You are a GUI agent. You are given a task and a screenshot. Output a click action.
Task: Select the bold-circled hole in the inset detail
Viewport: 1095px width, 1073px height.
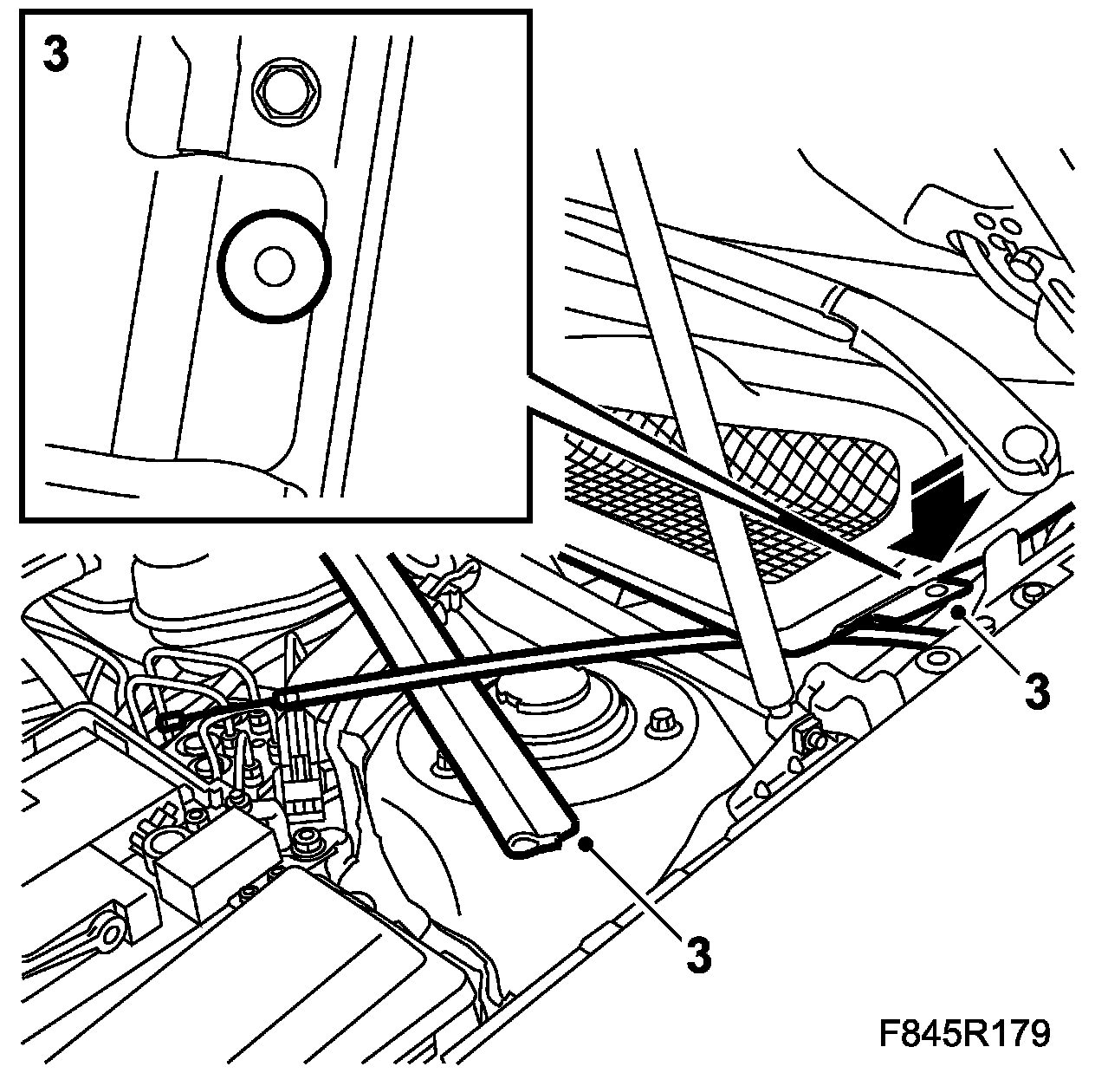click(275, 267)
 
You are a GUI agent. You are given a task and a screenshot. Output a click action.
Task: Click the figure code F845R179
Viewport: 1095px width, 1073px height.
click(964, 1033)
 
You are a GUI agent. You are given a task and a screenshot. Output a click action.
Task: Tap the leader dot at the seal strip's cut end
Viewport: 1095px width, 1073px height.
click(587, 841)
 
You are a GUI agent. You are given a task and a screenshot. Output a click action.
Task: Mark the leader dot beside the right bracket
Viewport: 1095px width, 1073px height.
click(960, 613)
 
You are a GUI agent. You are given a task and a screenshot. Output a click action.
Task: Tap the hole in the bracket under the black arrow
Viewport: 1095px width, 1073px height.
click(936, 589)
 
